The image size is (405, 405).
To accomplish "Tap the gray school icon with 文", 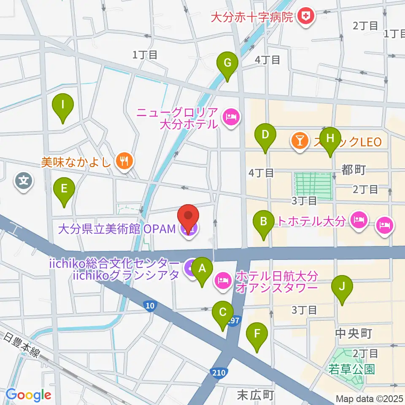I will point(24,181).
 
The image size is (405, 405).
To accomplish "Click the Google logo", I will point(29,395).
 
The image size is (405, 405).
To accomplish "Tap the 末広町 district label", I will point(256,395).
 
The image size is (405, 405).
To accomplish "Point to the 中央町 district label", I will point(353,334).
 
